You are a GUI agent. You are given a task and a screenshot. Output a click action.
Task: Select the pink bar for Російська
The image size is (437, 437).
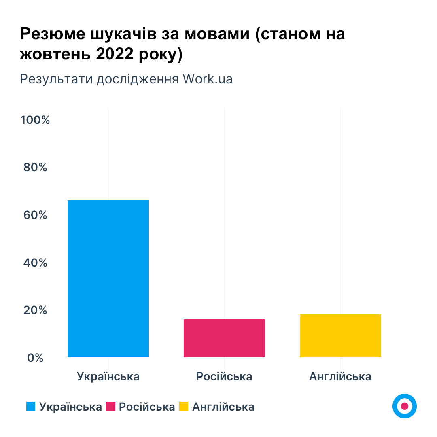coord(224,338)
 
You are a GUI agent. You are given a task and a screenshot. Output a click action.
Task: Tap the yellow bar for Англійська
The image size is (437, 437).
coord(340,335)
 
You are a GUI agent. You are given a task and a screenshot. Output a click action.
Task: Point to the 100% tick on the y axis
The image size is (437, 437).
coord(35,120)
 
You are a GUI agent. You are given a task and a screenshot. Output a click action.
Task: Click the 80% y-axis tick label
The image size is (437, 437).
coord(36,168)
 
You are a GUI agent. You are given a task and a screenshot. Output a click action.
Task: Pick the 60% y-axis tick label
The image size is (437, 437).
coord(36,215)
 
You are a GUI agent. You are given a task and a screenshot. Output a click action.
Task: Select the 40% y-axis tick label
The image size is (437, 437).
coord(36,263)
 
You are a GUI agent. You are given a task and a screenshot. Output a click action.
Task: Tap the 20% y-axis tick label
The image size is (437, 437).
coord(36,310)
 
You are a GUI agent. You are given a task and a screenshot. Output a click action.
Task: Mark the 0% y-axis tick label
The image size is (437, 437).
coord(36,358)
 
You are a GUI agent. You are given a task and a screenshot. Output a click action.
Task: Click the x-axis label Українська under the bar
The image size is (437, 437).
coord(108,377)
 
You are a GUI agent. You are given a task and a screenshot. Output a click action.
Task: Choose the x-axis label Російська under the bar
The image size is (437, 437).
coord(224,377)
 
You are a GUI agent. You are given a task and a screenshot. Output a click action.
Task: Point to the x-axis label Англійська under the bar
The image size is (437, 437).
coord(340,377)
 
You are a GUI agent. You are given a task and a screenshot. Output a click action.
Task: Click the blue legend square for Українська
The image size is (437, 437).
coord(31,407)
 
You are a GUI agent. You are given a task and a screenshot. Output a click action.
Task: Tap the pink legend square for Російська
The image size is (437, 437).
coord(110,407)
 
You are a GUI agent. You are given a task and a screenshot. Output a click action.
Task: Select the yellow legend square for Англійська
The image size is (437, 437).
coord(184,407)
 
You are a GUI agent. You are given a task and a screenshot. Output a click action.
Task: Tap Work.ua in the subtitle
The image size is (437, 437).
coord(208,78)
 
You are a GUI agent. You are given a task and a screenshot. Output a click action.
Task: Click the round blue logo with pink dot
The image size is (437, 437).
coord(404,406)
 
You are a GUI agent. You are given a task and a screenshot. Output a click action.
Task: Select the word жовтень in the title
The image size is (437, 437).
coord(54,54)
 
